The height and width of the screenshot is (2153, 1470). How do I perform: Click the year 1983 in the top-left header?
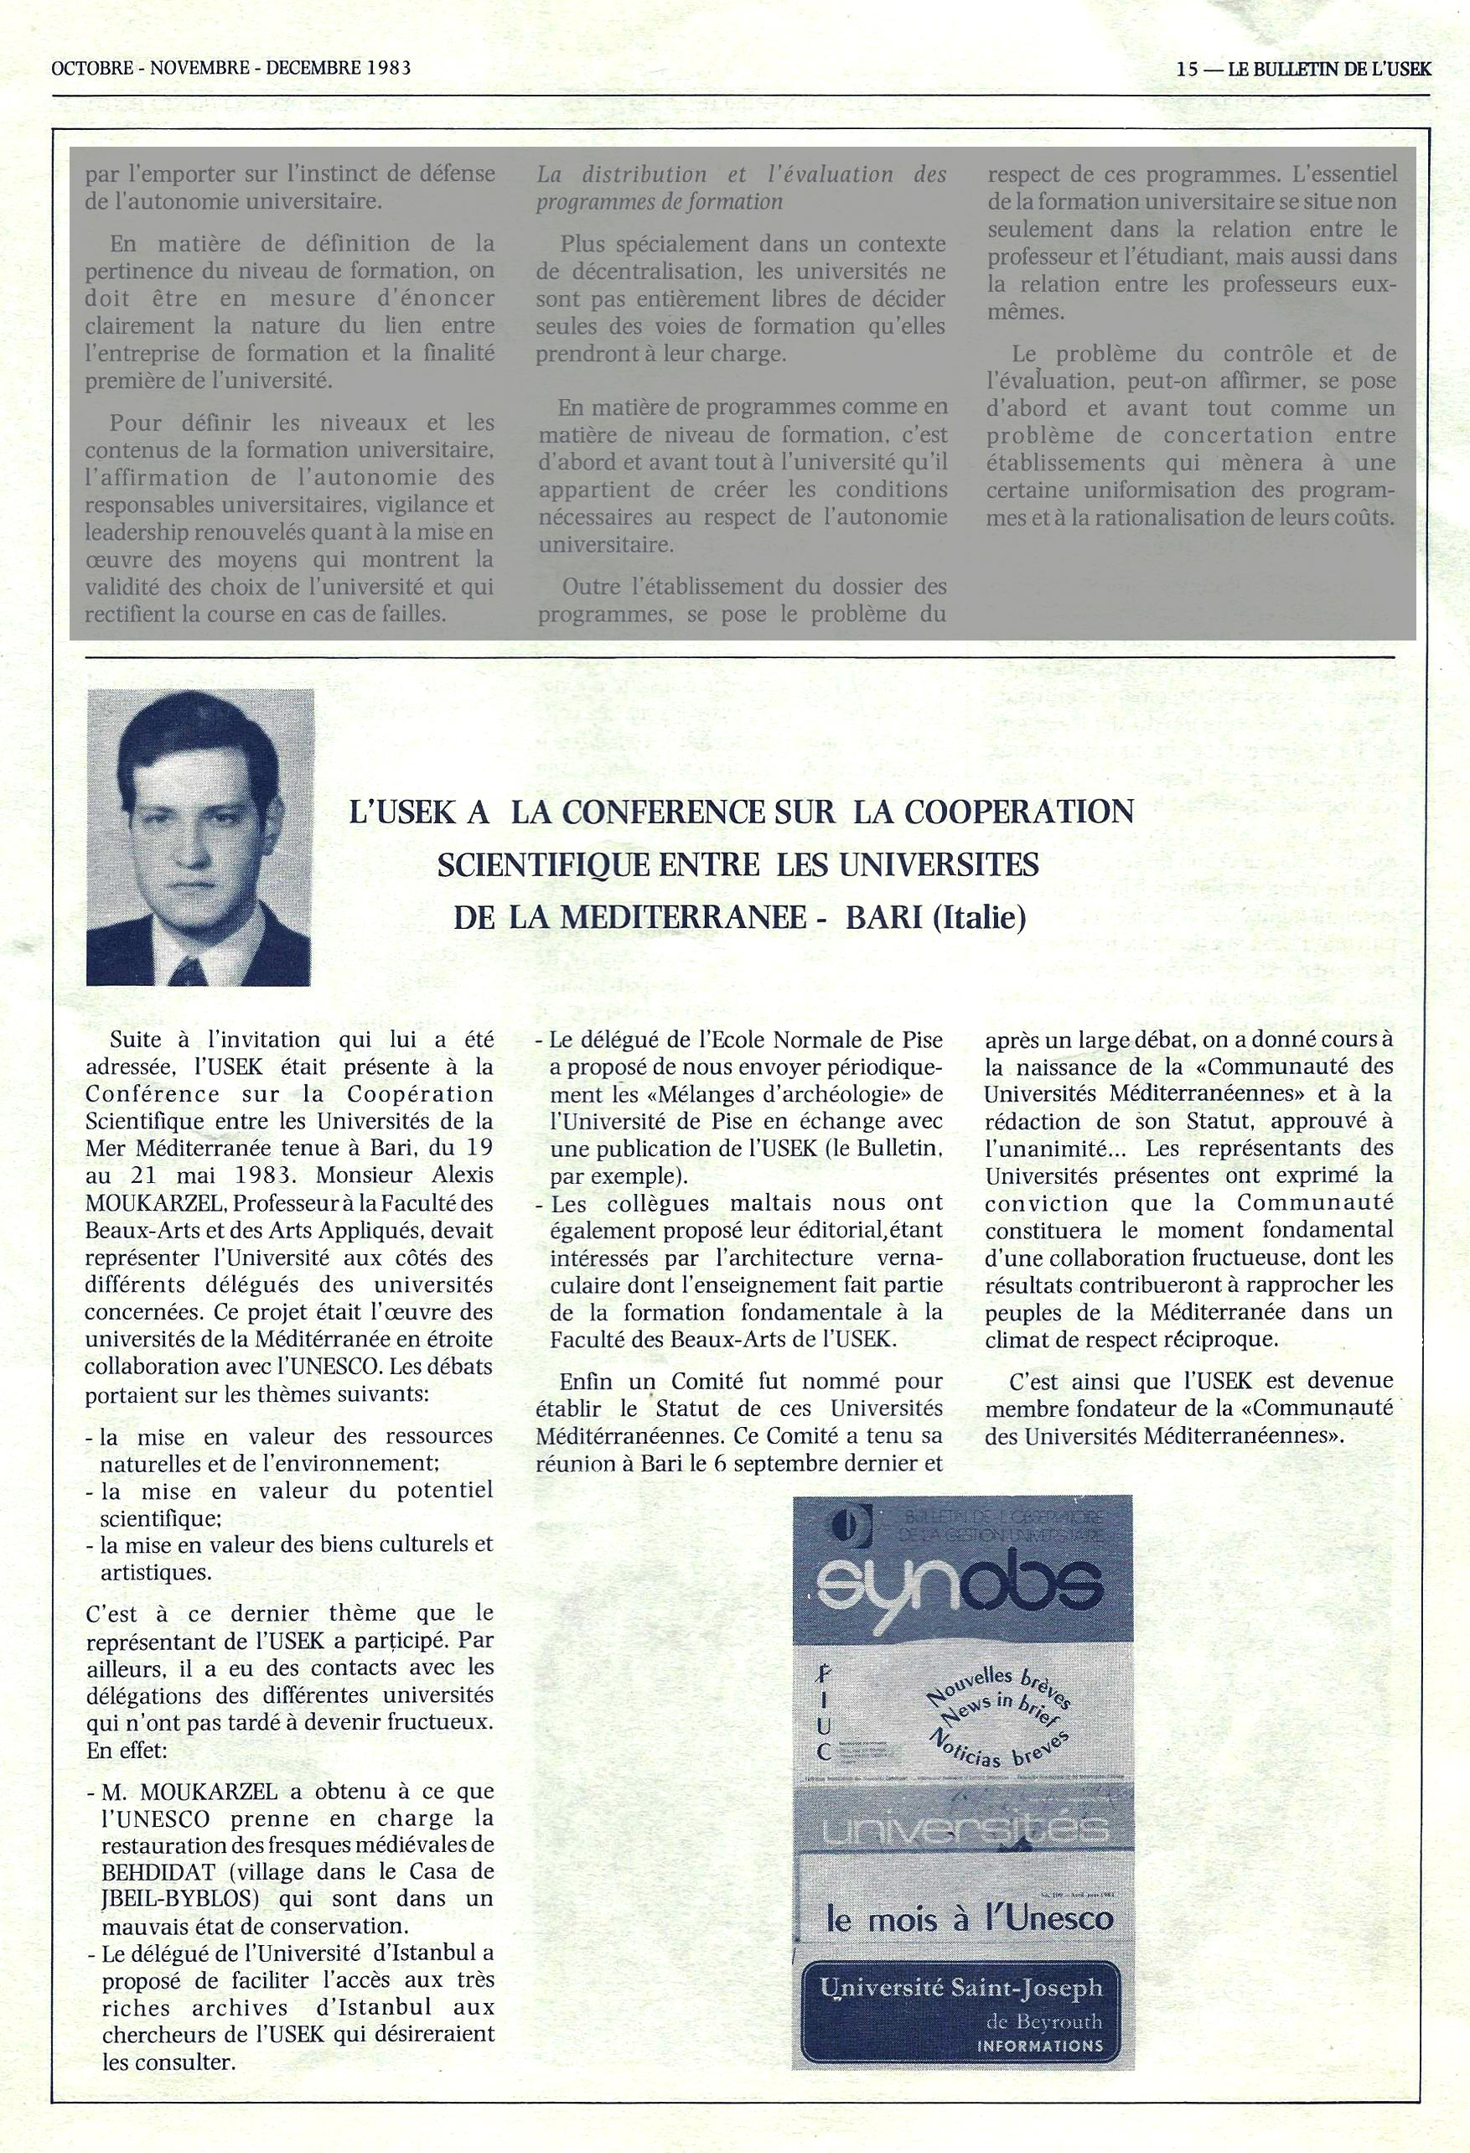tap(387, 68)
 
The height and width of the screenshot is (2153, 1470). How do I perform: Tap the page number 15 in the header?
tap(1187, 69)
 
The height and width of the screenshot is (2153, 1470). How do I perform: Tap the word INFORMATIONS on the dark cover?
tap(1040, 2045)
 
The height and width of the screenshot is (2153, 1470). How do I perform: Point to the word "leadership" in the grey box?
tap(135, 532)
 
